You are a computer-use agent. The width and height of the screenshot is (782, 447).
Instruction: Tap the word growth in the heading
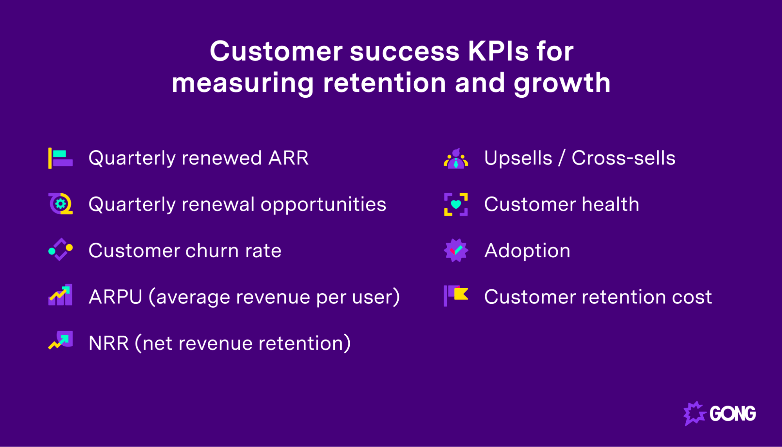(562, 83)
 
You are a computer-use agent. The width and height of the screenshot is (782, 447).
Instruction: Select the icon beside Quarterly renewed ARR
(60, 158)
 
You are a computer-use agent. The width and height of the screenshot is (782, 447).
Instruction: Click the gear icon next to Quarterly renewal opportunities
(60, 204)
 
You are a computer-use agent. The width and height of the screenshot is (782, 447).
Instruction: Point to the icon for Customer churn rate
(60, 250)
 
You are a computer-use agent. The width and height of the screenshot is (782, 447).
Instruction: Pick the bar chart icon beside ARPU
(60, 295)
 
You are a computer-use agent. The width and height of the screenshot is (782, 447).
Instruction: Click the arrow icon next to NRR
(60, 341)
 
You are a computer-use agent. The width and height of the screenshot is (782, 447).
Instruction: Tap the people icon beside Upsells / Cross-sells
(456, 159)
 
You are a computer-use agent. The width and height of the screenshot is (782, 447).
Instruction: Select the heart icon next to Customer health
(456, 204)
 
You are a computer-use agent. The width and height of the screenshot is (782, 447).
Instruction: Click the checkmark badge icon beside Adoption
(456, 250)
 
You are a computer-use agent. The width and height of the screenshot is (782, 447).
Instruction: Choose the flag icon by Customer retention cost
(456, 295)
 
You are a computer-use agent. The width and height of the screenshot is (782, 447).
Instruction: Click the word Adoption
(527, 251)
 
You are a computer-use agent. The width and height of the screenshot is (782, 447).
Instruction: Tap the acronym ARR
(288, 158)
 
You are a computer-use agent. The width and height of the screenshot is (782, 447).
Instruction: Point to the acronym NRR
(108, 343)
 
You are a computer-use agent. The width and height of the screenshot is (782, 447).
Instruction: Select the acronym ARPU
(115, 297)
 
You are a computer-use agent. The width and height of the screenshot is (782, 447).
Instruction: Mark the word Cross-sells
(623, 158)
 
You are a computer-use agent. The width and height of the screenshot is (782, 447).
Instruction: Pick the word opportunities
(323, 205)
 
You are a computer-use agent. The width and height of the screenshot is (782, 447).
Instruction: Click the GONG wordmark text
(732, 414)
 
